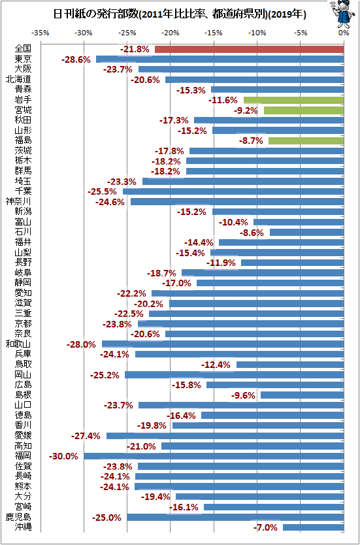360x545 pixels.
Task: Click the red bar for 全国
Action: click(x=249, y=50)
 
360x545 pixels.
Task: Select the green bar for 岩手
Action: click(x=293, y=100)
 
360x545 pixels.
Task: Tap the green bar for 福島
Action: click(x=306, y=140)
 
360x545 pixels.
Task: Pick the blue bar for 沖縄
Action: click(x=314, y=527)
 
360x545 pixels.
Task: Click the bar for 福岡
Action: click(x=214, y=456)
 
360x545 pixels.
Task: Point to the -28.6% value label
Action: click(x=76, y=59)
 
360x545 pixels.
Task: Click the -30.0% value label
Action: click(x=63, y=456)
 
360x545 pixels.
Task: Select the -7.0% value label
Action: click(x=265, y=527)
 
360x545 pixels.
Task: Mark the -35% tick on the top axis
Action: click(x=41, y=33)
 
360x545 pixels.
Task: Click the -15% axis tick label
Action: click(x=214, y=33)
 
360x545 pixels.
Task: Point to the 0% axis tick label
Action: click(x=344, y=33)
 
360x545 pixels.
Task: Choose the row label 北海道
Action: click(x=19, y=80)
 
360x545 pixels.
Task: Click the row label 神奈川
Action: click(x=19, y=201)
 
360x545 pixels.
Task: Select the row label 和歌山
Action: click(x=19, y=344)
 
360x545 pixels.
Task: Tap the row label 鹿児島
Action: click(x=19, y=517)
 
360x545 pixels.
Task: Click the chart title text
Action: click(x=179, y=14)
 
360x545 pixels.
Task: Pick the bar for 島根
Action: click(x=303, y=395)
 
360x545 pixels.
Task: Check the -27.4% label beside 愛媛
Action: click(x=86, y=436)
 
